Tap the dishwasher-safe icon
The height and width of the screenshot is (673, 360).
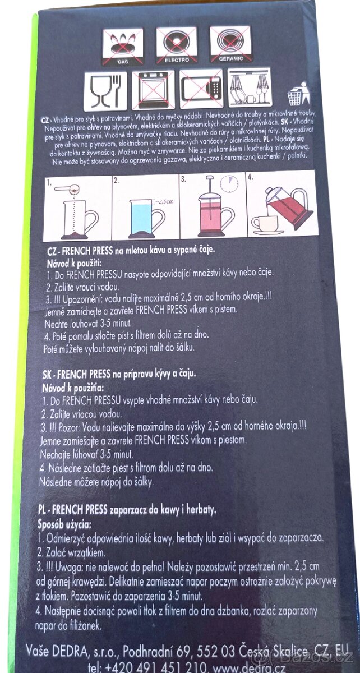[249, 89]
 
